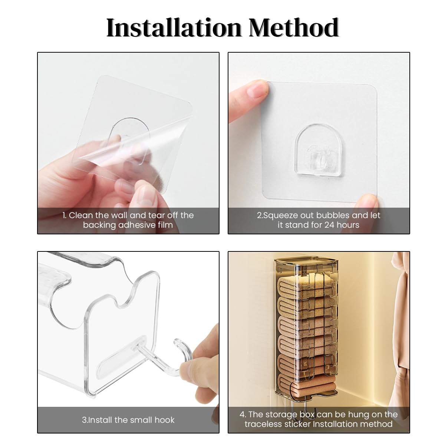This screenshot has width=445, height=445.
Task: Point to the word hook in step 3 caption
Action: tap(164, 420)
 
